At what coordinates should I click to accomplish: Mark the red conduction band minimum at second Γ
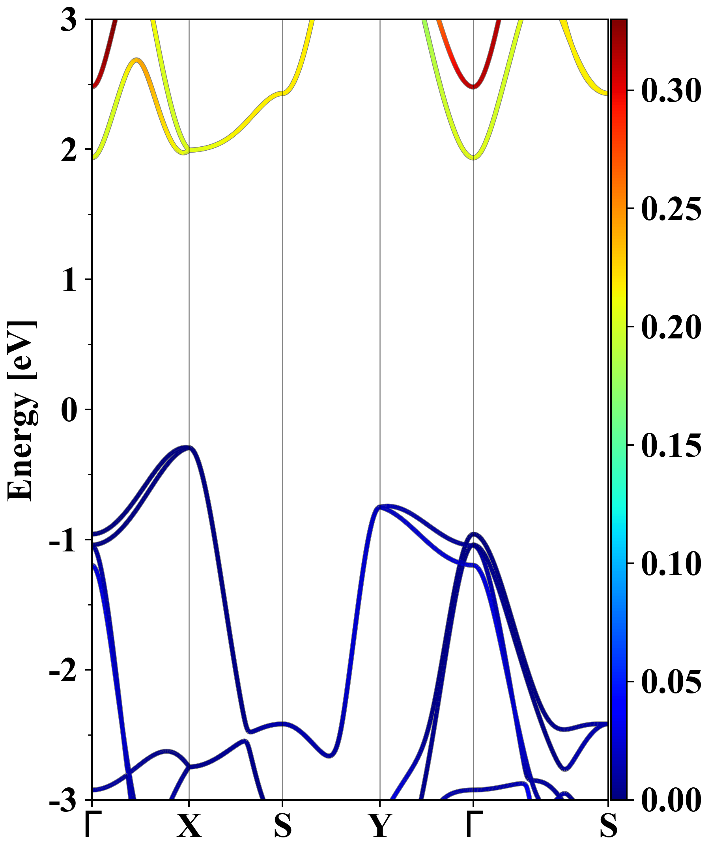coord(473,86)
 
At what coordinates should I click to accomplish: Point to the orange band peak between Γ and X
coord(137,60)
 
